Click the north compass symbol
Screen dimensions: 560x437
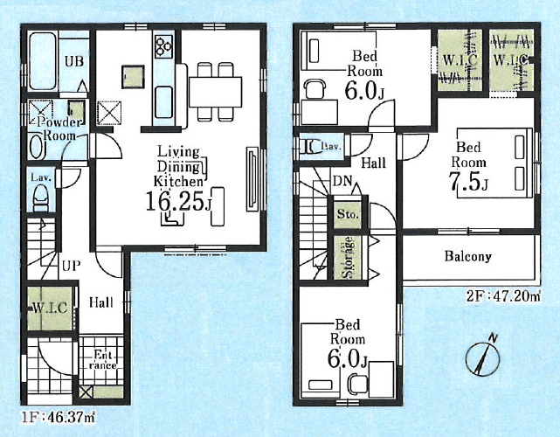[x=483, y=357]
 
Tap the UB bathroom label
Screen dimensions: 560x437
[x=74, y=61]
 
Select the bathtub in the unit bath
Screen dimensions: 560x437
[x=42, y=62]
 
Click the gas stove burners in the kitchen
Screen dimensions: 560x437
[x=163, y=46]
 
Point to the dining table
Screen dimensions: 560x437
[x=216, y=92]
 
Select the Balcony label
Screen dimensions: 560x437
[x=468, y=256]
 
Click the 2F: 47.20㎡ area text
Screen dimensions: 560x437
[x=503, y=296]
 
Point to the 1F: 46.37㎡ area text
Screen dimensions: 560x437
[x=59, y=418]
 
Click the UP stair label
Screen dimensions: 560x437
[x=71, y=267]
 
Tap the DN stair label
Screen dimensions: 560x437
[x=342, y=181]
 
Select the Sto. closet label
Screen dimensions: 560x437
[x=348, y=215]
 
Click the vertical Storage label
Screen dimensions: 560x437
[x=348, y=257]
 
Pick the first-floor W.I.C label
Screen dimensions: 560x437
[x=50, y=308]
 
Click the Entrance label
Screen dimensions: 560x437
[x=102, y=360]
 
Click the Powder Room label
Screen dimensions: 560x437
[x=60, y=129]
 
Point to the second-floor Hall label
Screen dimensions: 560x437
[x=374, y=163]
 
